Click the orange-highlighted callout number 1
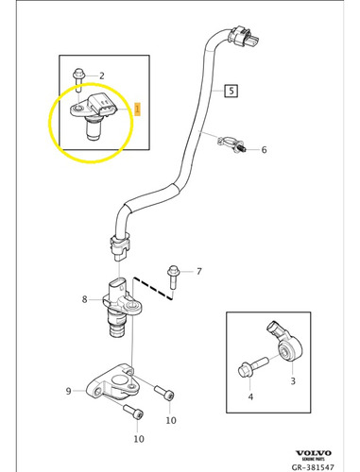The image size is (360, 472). pos(137,109)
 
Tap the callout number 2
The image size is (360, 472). pos(102,75)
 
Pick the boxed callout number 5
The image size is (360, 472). pos(231,92)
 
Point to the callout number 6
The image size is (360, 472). pos(264,150)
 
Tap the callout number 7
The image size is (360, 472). pos(198,272)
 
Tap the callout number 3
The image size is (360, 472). pos(292,380)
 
